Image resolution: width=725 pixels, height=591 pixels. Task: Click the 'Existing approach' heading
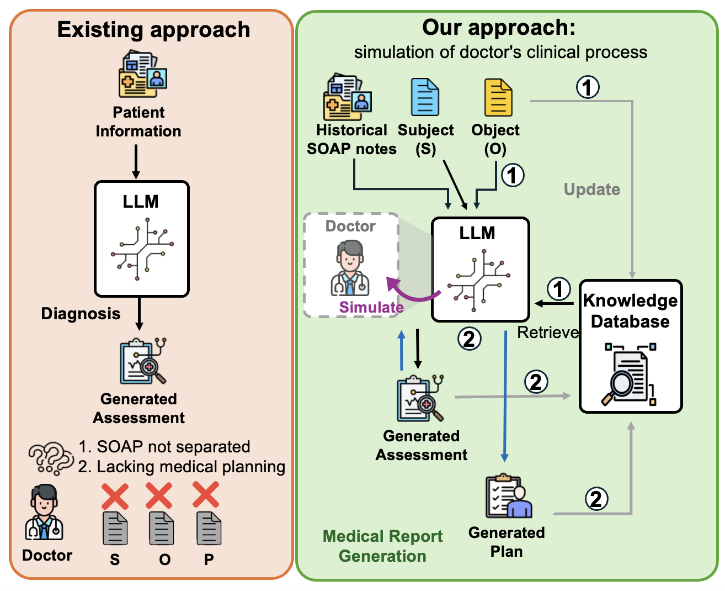click(x=153, y=30)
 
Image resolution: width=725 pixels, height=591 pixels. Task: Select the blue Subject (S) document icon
click(x=425, y=97)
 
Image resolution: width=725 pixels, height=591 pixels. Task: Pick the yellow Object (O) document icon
click(x=498, y=98)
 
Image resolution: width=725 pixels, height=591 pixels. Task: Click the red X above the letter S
click(x=115, y=496)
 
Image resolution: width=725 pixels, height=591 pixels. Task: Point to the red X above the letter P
click(x=206, y=495)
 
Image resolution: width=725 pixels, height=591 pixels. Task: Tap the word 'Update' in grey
click(x=591, y=189)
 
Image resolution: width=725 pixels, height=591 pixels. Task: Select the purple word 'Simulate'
click(x=371, y=307)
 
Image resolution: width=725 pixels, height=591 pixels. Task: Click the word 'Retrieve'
click(x=548, y=333)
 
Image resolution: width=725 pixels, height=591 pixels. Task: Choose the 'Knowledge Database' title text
click(x=630, y=311)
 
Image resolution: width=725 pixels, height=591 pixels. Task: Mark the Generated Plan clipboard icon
click(x=508, y=495)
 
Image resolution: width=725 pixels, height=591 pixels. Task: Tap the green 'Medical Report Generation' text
click(x=382, y=546)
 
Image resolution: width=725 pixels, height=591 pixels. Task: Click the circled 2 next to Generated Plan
click(x=596, y=499)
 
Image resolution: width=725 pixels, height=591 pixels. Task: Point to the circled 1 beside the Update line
click(x=588, y=87)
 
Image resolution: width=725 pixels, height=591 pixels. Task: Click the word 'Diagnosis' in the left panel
click(x=81, y=314)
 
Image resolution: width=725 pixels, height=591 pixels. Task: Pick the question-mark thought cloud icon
click(x=50, y=458)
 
